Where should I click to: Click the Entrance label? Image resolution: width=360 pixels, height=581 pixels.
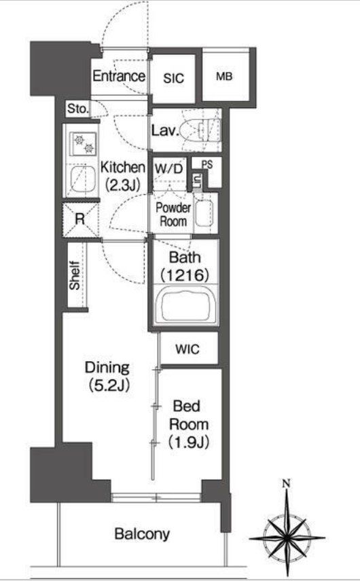tap(119, 76)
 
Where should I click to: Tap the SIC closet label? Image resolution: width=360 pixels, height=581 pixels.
tap(173, 78)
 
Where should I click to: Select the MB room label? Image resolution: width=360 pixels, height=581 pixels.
tap(224, 76)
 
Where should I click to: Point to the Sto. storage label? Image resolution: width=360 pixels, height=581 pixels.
tap(78, 109)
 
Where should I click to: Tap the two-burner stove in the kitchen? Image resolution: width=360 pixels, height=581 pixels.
tap(83, 144)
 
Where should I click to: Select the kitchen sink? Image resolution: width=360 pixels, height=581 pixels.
tap(82, 179)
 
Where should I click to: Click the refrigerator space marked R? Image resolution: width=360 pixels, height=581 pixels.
tap(80, 219)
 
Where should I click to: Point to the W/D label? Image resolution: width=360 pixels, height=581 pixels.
tap(168, 169)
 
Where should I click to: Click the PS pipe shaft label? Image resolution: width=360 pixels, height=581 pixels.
tap(207, 164)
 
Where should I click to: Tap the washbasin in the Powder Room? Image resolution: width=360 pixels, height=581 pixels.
tap(204, 213)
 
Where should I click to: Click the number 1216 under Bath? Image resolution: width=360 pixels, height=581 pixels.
tap(185, 275)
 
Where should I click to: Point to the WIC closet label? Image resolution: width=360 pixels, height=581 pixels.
tap(187, 349)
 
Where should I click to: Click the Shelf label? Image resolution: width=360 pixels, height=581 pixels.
tap(75, 276)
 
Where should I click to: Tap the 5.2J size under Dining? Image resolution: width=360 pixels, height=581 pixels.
tap(109, 386)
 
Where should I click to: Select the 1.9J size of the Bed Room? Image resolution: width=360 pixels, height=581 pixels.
tap(189, 443)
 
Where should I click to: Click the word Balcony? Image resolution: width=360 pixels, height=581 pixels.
tap(142, 534)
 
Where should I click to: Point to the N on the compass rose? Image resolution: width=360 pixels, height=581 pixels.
tap(286, 483)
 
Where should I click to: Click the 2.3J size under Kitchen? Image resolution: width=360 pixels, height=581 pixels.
tap(123, 185)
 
